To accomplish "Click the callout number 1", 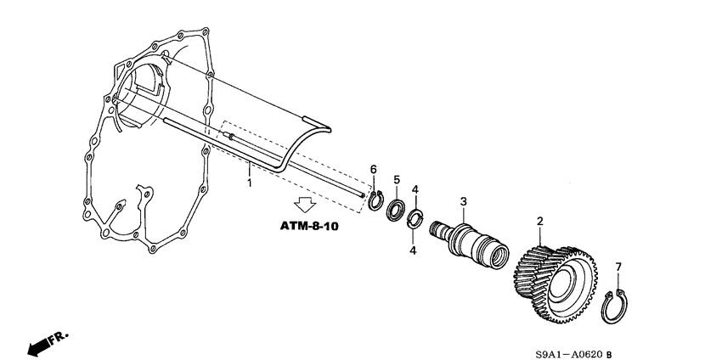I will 249,183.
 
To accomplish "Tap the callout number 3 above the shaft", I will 463,200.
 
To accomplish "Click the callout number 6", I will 372,169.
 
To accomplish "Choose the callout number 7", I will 618,267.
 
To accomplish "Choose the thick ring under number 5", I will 396,211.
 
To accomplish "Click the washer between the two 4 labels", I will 415,220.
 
